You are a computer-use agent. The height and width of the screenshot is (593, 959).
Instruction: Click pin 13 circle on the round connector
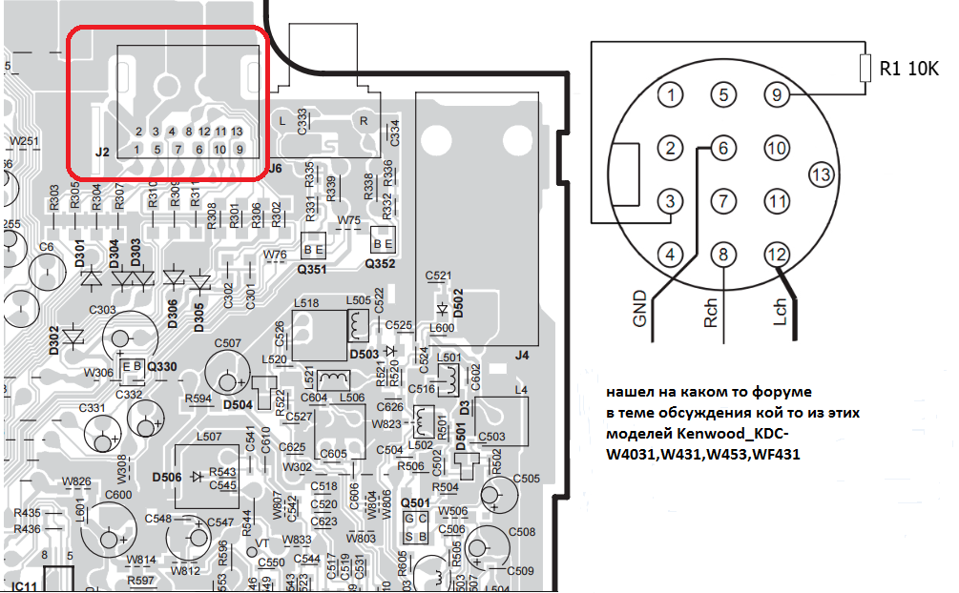tap(822, 174)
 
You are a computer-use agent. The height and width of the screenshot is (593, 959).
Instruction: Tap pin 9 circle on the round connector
tap(778, 94)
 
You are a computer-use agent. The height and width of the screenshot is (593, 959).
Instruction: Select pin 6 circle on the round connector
tap(725, 148)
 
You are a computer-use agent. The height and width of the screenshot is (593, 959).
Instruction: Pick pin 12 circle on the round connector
tap(778, 255)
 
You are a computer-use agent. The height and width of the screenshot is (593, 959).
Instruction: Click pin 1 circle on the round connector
tap(674, 94)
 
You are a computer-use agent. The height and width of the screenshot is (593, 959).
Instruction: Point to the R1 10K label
tap(909, 69)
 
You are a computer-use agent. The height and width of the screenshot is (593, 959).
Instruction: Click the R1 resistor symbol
tap(865, 69)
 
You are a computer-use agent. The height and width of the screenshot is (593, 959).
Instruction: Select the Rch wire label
tap(711, 311)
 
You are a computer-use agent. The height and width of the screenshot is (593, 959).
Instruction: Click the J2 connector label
tap(103, 152)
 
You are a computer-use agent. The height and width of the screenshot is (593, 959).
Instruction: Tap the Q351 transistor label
tap(313, 270)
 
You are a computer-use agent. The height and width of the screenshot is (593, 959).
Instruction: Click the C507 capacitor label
tap(228, 342)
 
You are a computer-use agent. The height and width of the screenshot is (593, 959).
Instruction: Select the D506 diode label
tap(168, 476)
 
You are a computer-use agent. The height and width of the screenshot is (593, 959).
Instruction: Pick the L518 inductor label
tap(307, 302)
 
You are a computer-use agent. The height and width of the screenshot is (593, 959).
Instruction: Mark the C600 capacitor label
tap(118, 494)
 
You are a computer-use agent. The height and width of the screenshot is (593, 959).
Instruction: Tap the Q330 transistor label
tap(161, 366)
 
